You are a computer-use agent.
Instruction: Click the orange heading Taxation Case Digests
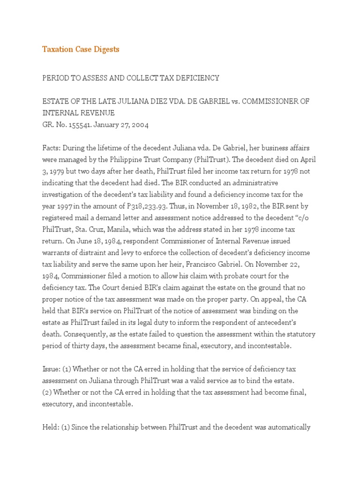point(81,49)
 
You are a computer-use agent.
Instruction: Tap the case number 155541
point(77,125)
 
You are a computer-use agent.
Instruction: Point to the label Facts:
point(52,149)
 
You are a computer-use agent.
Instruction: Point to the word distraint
point(91,252)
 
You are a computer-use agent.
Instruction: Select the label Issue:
point(52,368)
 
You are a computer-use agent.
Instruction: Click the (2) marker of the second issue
point(47,392)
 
